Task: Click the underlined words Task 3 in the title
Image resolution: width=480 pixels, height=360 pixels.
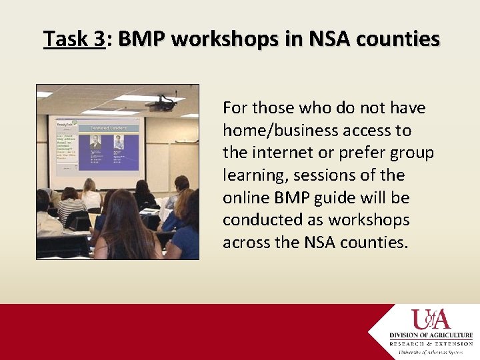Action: (74, 40)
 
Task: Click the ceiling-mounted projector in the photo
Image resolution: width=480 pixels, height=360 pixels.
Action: (160, 105)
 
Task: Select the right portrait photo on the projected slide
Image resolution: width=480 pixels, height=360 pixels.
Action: (119, 142)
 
